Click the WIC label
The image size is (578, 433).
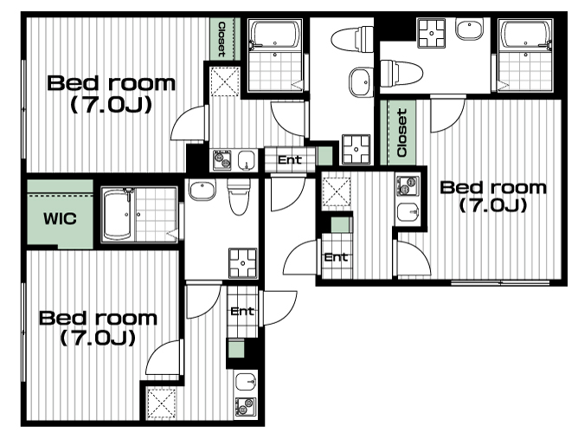click(60, 219)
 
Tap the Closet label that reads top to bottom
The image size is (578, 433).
click(222, 39)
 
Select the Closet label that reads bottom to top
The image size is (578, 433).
click(402, 132)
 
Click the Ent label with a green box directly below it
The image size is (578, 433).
click(242, 311)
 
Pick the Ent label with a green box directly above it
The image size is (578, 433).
click(336, 256)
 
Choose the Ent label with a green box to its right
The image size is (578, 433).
click(290, 159)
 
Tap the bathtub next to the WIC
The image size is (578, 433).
click(117, 214)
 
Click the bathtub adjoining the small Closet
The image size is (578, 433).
click(274, 34)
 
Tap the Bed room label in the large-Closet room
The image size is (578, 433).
click(493, 197)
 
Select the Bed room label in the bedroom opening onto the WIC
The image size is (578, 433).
click(98, 327)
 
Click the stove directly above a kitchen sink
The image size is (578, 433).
click(408, 184)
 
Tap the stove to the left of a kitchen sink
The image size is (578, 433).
click(222, 160)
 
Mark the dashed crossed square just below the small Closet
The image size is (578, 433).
click(225, 81)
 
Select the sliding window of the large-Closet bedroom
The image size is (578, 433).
click(500, 283)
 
